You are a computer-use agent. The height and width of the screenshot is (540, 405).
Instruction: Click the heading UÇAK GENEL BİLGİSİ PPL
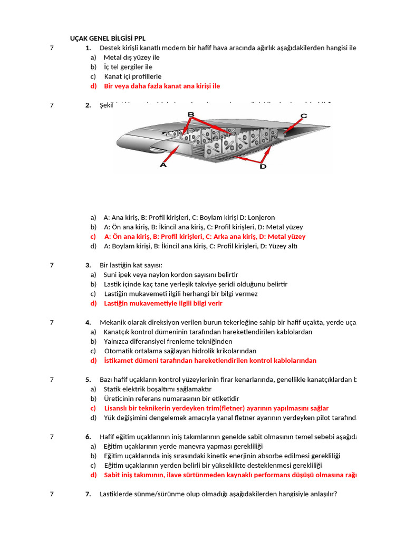tap(108, 38)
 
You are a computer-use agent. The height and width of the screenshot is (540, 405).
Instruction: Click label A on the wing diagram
tap(163, 165)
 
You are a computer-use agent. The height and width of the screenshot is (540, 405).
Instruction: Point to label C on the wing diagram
tap(304, 115)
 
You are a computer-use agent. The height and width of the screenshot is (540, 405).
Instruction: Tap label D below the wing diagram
tap(263, 167)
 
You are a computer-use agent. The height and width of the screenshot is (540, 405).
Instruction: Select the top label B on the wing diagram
tap(191, 114)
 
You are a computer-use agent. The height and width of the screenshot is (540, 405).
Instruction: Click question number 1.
tap(88, 48)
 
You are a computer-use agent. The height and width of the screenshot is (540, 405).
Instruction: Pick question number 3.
tap(88, 265)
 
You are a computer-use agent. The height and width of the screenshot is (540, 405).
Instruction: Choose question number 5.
tap(88, 379)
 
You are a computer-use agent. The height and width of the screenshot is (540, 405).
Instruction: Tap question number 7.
tap(88, 494)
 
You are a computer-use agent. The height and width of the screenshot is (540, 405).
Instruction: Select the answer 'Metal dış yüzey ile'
tap(131, 57)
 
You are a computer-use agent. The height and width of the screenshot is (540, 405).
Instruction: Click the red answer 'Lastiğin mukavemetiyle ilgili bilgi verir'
tap(163, 303)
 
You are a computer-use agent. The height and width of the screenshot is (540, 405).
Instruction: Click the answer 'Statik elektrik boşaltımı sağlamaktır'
tap(153, 389)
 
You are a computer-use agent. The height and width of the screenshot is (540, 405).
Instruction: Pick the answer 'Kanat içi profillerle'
tap(132, 76)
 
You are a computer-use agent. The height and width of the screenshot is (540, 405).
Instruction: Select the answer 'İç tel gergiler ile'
tap(128, 67)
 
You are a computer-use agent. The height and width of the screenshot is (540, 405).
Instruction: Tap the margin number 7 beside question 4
tap(52, 322)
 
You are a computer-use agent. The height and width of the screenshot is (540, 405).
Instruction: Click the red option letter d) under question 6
tap(93, 475)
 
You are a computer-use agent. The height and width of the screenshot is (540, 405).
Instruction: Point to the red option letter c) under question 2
tap(93, 237)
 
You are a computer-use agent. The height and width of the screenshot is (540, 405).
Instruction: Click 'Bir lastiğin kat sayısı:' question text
tap(131, 265)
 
